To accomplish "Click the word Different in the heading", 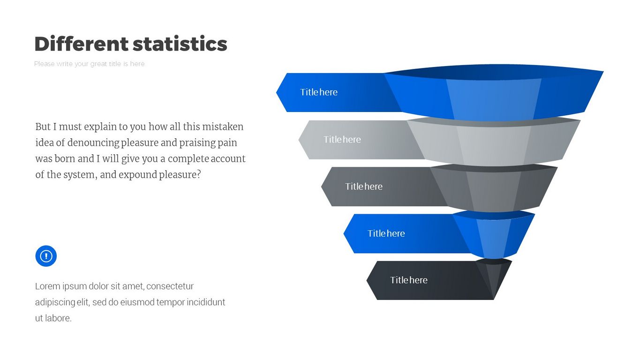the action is [x=82, y=44].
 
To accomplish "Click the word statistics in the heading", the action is [x=180, y=44].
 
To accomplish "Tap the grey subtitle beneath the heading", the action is [x=90, y=64].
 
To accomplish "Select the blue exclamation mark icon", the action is [x=46, y=256].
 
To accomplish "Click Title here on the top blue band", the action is [x=318, y=92].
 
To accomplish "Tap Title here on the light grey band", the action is [x=342, y=139].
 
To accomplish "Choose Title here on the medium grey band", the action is [x=364, y=187].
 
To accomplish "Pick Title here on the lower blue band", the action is [x=386, y=233].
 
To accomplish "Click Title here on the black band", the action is [x=409, y=280].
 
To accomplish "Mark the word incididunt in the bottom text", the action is [x=206, y=302].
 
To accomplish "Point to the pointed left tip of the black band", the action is [x=367, y=280].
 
